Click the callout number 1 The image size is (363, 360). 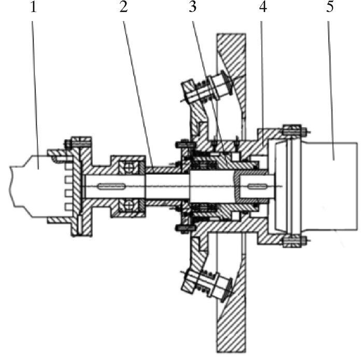coord(34,7)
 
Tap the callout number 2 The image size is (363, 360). coord(123,7)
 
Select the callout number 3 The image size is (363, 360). coord(192,7)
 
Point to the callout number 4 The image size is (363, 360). coord(263,7)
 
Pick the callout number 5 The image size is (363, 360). coord(330,7)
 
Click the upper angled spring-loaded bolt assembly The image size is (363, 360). coord(206,89)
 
